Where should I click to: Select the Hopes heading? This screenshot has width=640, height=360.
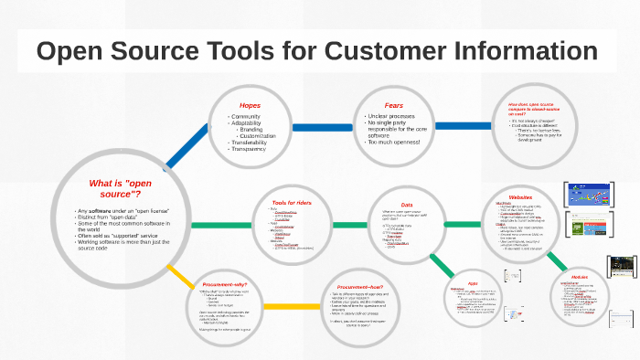[x=250, y=105]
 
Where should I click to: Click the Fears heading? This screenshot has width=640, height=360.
[x=393, y=105]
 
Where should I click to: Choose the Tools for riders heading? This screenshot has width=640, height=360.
[x=293, y=202]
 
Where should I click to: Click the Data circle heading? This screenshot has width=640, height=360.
[x=407, y=204]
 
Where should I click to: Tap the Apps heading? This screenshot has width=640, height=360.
[x=473, y=283]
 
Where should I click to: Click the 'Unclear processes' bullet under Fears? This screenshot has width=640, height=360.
[x=393, y=117]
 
